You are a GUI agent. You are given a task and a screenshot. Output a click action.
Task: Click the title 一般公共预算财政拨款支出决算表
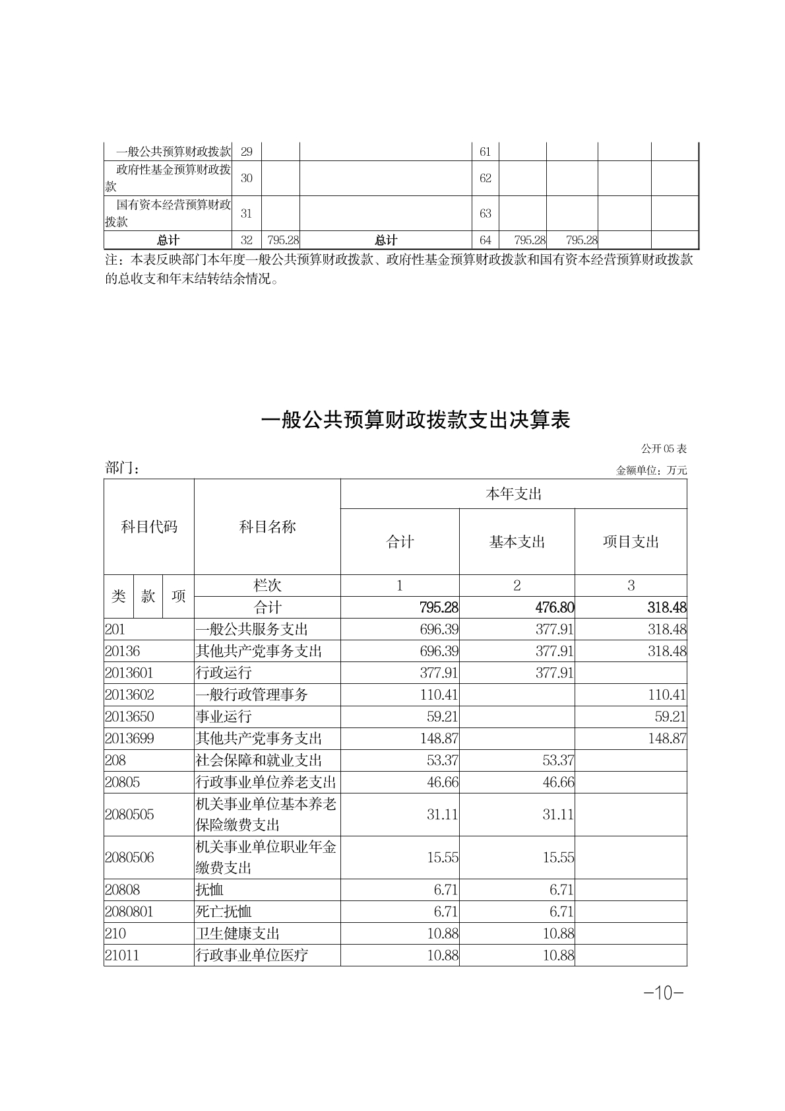(416, 421)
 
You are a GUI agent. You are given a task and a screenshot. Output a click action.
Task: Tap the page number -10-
(664, 992)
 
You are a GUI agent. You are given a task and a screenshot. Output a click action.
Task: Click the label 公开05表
(664, 449)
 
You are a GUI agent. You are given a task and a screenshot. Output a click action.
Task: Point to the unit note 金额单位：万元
(651, 471)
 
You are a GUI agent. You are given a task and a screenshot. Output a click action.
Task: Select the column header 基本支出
(517, 542)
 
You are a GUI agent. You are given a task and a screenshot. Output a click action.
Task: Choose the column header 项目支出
(631, 542)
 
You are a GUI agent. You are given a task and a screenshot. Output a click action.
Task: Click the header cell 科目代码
(149, 527)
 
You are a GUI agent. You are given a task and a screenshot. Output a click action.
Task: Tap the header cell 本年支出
(513, 494)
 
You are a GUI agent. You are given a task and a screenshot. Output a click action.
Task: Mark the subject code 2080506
(129, 857)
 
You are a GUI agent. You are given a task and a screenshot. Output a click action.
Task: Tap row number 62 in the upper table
(486, 178)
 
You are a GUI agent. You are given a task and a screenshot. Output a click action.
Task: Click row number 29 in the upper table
(246, 152)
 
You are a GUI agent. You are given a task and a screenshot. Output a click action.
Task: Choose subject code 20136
(123, 651)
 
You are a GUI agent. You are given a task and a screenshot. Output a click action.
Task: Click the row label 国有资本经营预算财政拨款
(168, 213)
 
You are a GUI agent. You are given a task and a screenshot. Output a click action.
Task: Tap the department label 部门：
(122, 468)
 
